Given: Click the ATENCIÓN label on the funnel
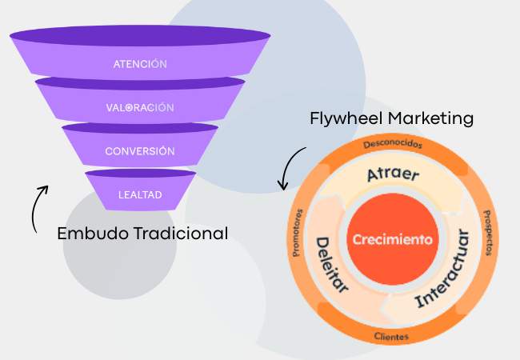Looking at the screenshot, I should point(140,63).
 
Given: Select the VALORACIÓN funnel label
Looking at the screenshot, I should point(140,107).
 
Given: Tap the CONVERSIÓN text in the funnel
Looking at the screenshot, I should point(140,150).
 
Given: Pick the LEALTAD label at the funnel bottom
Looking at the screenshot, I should point(141,194).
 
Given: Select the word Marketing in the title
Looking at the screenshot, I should point(430,118).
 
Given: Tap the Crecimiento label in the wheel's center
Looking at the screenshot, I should point(392,239).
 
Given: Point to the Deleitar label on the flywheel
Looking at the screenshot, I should point(331,264).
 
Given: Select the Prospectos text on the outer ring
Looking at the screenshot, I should point(487,239).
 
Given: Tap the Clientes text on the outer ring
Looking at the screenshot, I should point(392,336).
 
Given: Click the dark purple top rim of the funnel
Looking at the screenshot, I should point(140,37).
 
